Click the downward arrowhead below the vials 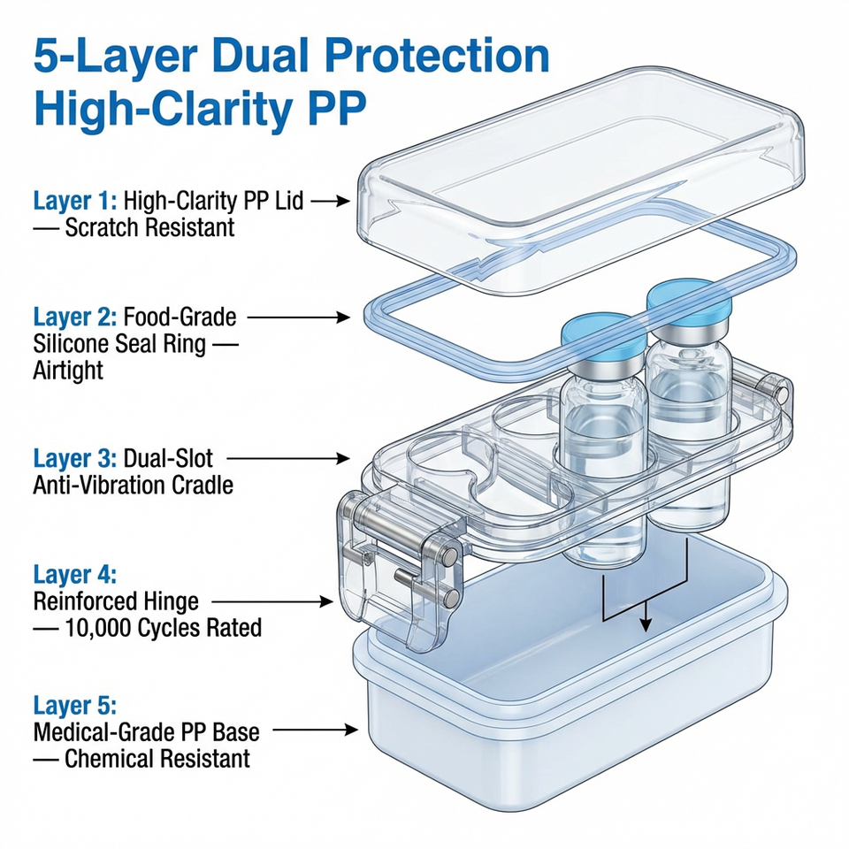(x=646, y=623)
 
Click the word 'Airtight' (x=68, y=370)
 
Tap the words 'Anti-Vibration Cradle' (x=133, y=486)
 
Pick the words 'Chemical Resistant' (x=157, y=758)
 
